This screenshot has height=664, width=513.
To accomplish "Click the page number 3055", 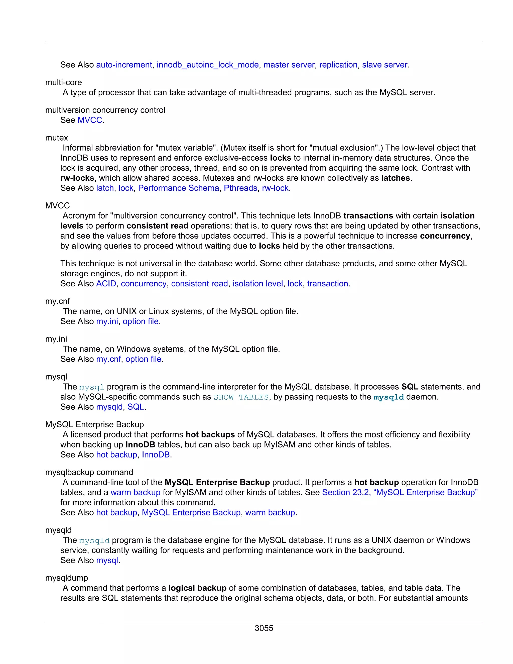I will coord(264,628).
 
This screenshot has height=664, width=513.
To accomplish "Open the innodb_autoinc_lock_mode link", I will coord(208,65).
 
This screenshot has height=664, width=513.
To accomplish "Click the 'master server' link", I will coord(289,65).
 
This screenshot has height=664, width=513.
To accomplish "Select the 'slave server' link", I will coord(384,65).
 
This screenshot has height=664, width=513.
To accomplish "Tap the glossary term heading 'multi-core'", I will coord(64,82).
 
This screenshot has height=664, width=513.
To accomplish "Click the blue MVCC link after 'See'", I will coord(90,120).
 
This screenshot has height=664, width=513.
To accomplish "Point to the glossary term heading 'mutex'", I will coord(57,138).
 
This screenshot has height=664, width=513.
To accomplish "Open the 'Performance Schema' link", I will coord(178,188).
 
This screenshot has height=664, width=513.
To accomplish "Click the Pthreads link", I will coord(240,188).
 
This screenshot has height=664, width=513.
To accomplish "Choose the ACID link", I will coord(106,283).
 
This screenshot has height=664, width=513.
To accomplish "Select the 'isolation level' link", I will coord(258,283).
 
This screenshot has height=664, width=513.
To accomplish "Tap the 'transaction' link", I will coord(327,283).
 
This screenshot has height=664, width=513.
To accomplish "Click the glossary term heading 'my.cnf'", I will coord(57,301).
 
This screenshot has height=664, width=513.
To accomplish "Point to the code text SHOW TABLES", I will coord(241,397).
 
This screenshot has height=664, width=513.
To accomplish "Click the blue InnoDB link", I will coord(156,455).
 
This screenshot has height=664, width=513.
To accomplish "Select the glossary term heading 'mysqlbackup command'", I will coord(89,472).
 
